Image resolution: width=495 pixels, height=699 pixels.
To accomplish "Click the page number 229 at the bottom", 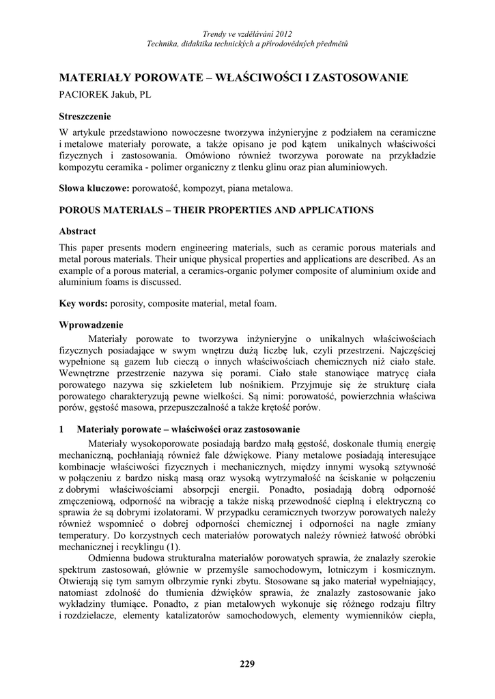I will (x=247, y=665).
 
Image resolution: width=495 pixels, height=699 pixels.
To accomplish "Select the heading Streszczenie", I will (x=85, y=116).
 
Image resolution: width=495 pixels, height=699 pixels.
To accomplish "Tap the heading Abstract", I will (x=77, y=231).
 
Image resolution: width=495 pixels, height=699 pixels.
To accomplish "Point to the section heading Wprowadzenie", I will (x=91, y=325).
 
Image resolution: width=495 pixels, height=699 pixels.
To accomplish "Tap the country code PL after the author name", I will (x=145, y=95).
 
